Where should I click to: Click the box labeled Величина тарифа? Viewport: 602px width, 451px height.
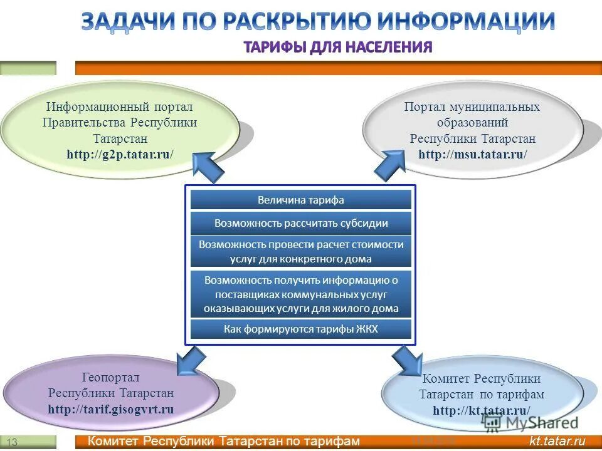click(301, 200)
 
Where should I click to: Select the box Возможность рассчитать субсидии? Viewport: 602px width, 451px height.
click(301, 223)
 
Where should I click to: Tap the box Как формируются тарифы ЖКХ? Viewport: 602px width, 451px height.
click(301, 329)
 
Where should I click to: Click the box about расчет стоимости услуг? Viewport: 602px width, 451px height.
click(301, 251)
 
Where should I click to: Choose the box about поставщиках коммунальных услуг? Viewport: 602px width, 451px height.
click(301, 294)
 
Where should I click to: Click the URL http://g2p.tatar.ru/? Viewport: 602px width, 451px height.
click(120, 154)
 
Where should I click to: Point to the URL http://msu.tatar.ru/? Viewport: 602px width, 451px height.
click(473, 154)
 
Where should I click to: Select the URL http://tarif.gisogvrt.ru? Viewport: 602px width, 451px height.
click(111, 410)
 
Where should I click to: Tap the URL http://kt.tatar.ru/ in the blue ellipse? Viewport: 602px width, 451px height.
click(482, 411)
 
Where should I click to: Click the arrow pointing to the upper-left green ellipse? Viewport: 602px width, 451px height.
click(206, 167)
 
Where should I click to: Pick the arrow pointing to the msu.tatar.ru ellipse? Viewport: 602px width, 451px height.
click(389, 166)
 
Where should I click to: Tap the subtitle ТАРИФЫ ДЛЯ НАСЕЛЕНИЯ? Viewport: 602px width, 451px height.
click(337, 47)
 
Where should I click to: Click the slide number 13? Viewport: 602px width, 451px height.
click(13, 443)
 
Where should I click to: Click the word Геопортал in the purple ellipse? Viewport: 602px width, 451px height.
click(111, 378)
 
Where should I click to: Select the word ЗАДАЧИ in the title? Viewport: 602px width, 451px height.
click(129, 21)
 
